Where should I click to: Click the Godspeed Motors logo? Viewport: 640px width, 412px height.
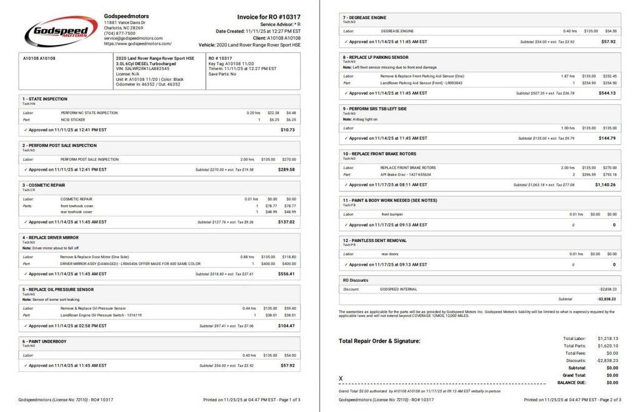point(61,31)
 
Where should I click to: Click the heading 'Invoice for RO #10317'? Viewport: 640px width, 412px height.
point(269,17)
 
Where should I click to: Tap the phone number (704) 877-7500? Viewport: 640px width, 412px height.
point(119,33)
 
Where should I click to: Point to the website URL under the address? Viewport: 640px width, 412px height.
point(137,44)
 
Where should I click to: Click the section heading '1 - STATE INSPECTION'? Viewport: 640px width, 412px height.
point(45,99)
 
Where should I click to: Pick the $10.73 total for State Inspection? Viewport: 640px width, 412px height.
point(287,129)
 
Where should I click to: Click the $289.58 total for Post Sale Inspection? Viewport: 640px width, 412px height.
point(286,169)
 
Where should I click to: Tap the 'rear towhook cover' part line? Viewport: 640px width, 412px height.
point(76,211)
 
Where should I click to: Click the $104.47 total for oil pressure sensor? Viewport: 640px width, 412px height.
point(286,326)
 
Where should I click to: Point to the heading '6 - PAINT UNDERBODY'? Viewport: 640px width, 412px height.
point(44,341)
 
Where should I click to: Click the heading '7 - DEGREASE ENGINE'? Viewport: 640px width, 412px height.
point(365,18)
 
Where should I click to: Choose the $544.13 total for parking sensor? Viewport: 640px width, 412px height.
point(607,93)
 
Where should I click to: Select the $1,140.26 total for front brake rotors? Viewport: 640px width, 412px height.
point(605,185)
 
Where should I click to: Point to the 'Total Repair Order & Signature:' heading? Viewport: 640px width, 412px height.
point(379,341)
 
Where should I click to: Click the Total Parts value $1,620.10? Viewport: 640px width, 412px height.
point(607,345)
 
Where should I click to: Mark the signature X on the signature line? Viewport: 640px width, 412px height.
point(341,379)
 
